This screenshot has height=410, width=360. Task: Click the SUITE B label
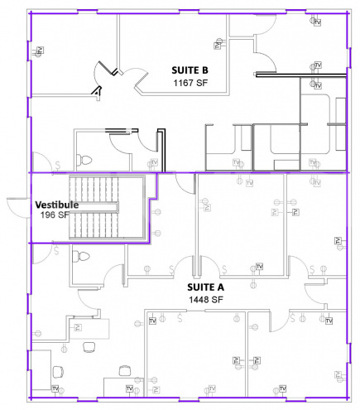pyautogui.click(x=195, y=70)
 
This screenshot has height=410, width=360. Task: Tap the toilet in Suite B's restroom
pyautogui.click(x=84, y=158)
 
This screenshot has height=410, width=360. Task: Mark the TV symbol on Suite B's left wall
pyautogui.click(x=39, y=51)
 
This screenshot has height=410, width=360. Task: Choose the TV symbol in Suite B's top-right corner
pyautogui.click(x=317, y=22)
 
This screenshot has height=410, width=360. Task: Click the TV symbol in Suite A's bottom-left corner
pyautogui.click(x=55, y=388)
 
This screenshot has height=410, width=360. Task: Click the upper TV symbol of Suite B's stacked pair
pyautogui.click(x=317, y=65)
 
